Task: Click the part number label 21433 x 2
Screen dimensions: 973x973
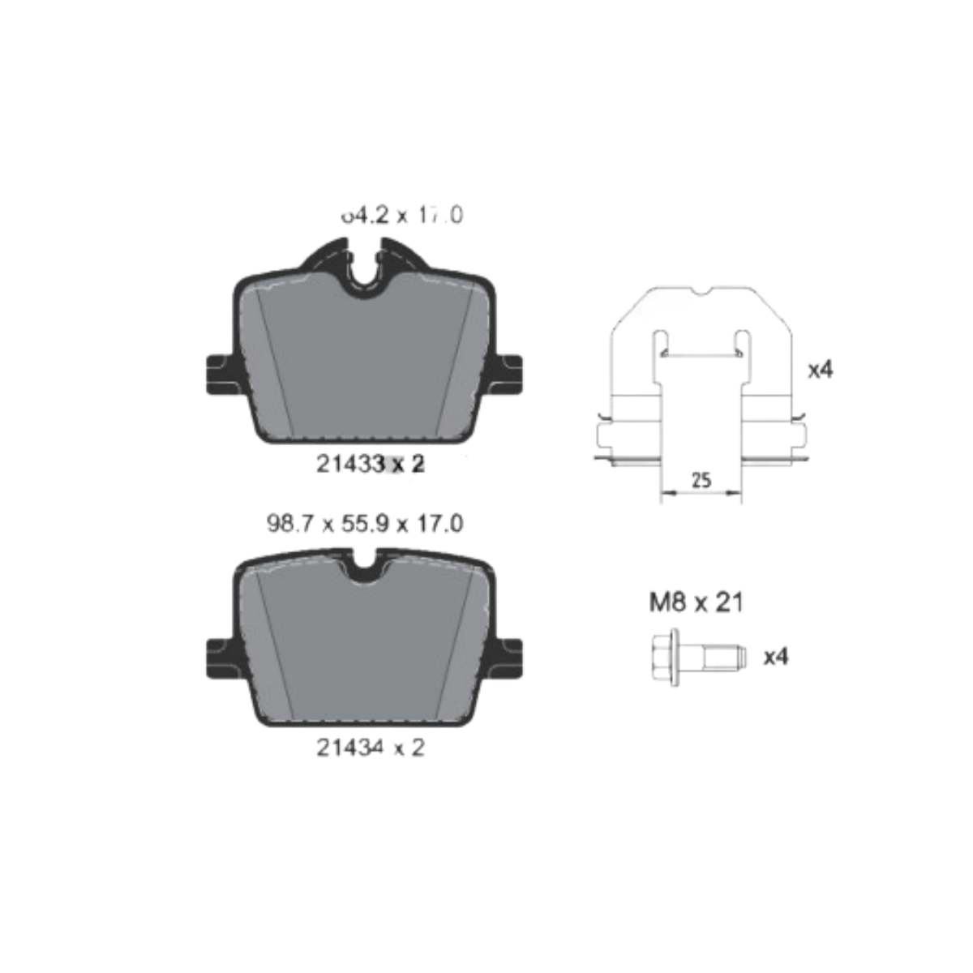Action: pyautogui.click(x=369, y=465)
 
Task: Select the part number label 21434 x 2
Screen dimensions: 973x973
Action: pyautogui.click(x=370, y=748)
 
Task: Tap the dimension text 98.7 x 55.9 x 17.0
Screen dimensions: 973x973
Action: pyautogui.click(x=365, y=524)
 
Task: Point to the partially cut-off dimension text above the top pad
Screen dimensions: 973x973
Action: pyautogui.click(x=401, y=215)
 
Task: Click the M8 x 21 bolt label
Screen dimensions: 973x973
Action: pyautogui.click(x=696, y=602)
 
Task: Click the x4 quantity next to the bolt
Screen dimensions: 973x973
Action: pyautogui.click(x=776, y=656)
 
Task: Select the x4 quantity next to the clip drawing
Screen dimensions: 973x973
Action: pyautogui.click(x=821, y=370)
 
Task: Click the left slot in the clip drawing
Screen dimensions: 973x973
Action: pyautogui.click(x=660, y=341)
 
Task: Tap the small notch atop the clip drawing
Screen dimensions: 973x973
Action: pyautogui.click(x=701, y=291)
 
